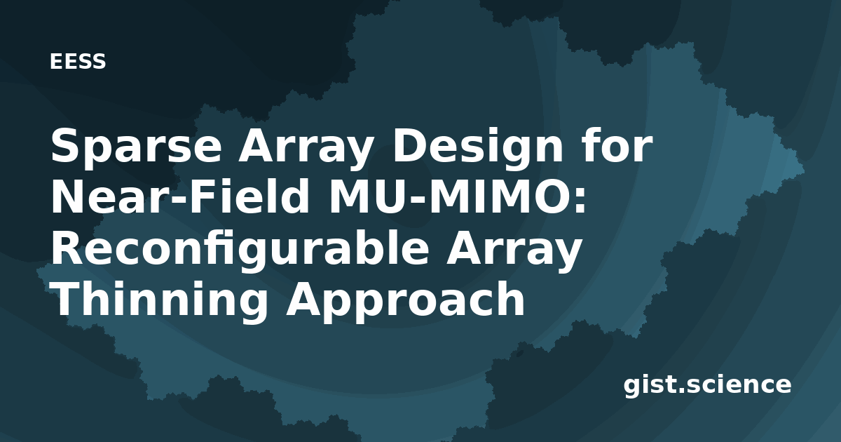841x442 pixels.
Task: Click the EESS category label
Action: [x=78, y=61]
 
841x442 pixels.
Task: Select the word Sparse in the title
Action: [x=136, y=147]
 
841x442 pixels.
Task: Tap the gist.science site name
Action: [x=707, y=385]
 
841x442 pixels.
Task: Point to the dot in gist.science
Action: [x=681, y=391]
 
